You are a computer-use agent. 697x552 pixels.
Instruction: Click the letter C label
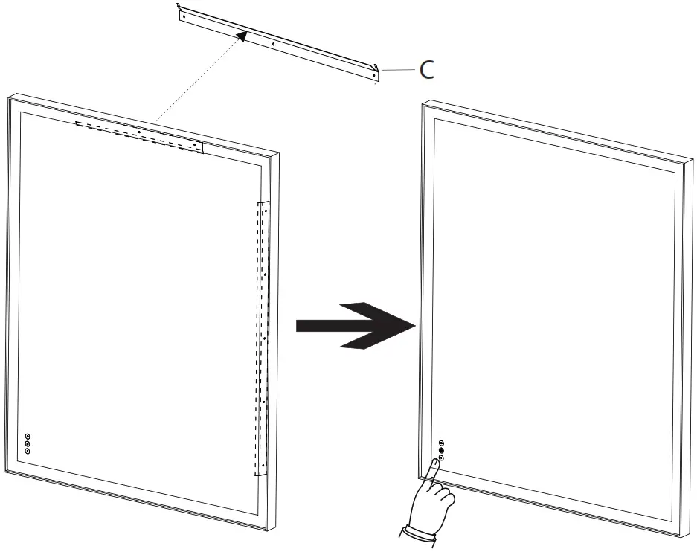click(x=426, y=70)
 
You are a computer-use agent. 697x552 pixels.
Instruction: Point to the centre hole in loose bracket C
click(x=274, y=45)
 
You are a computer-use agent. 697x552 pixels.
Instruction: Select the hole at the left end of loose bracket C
click(x=184, y=16)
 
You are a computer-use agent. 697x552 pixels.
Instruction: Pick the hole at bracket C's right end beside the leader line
click(x=373, y=74)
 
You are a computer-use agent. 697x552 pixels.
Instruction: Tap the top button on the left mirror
click(x=28, y=437)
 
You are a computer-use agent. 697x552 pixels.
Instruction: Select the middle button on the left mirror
click(x=28, y=444)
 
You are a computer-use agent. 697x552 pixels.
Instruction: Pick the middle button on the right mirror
click(x=441, y=450)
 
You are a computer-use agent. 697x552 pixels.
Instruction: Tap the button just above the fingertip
click(x=441, y=458)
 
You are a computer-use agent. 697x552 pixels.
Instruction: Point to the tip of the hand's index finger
click(x=434, y=463)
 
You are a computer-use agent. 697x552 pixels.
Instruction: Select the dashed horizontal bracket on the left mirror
click(x=138, y=135)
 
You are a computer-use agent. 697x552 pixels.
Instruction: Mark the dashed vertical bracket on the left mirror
click(x=261, y=338)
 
